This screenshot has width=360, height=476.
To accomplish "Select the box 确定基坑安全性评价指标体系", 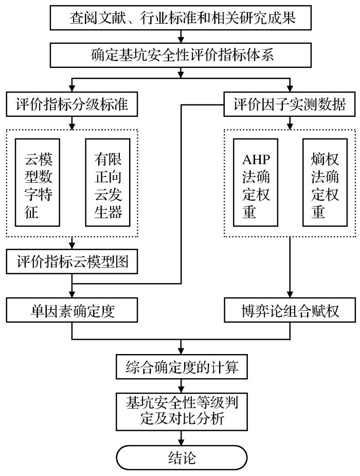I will click(181, 54).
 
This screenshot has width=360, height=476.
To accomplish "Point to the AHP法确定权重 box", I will click(256, 182).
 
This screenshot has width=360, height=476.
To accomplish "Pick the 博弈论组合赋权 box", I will click(291, 311).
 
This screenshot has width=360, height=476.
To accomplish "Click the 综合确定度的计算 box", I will click(181, 367).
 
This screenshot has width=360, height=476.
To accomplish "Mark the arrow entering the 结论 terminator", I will click(181, 437).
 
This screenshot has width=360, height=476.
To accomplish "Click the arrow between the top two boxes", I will click(181, 36).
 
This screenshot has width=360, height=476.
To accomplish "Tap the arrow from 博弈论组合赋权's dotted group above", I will click(291, 268).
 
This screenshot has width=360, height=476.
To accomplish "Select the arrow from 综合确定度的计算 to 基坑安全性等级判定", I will click(181, 385).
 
